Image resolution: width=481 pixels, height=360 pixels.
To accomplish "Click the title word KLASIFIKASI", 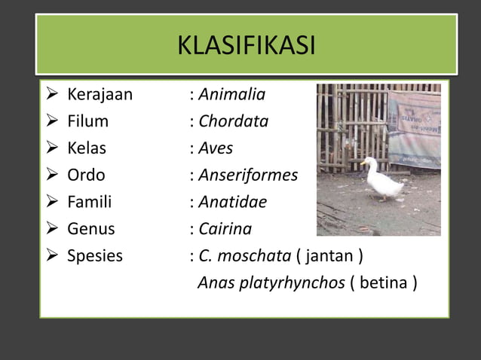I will pos(246,46).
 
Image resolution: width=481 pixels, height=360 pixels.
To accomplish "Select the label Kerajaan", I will pos(100,95).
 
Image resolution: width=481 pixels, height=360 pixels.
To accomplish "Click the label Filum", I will pos(87,121).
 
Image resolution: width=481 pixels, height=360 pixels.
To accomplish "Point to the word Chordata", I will pos(233,121).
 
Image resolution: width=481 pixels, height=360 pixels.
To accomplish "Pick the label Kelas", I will pos(87,148).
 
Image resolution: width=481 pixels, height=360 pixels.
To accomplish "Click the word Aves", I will pos(216,148).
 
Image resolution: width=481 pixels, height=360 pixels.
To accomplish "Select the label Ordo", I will pos(86,175).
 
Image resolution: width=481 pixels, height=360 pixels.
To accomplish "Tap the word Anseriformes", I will pos(248,175).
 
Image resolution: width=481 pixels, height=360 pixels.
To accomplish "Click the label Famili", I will pos(89,202).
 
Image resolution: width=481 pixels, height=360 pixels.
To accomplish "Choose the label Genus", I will pos(91,229).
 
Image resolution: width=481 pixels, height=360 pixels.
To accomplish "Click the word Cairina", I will pos(225,229).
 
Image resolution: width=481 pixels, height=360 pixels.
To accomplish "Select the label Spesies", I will pos(95,256).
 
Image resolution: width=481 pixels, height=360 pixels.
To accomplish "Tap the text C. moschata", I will pos(244,256).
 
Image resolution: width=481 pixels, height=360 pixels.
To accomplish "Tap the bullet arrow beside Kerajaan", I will pos(52,95).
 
